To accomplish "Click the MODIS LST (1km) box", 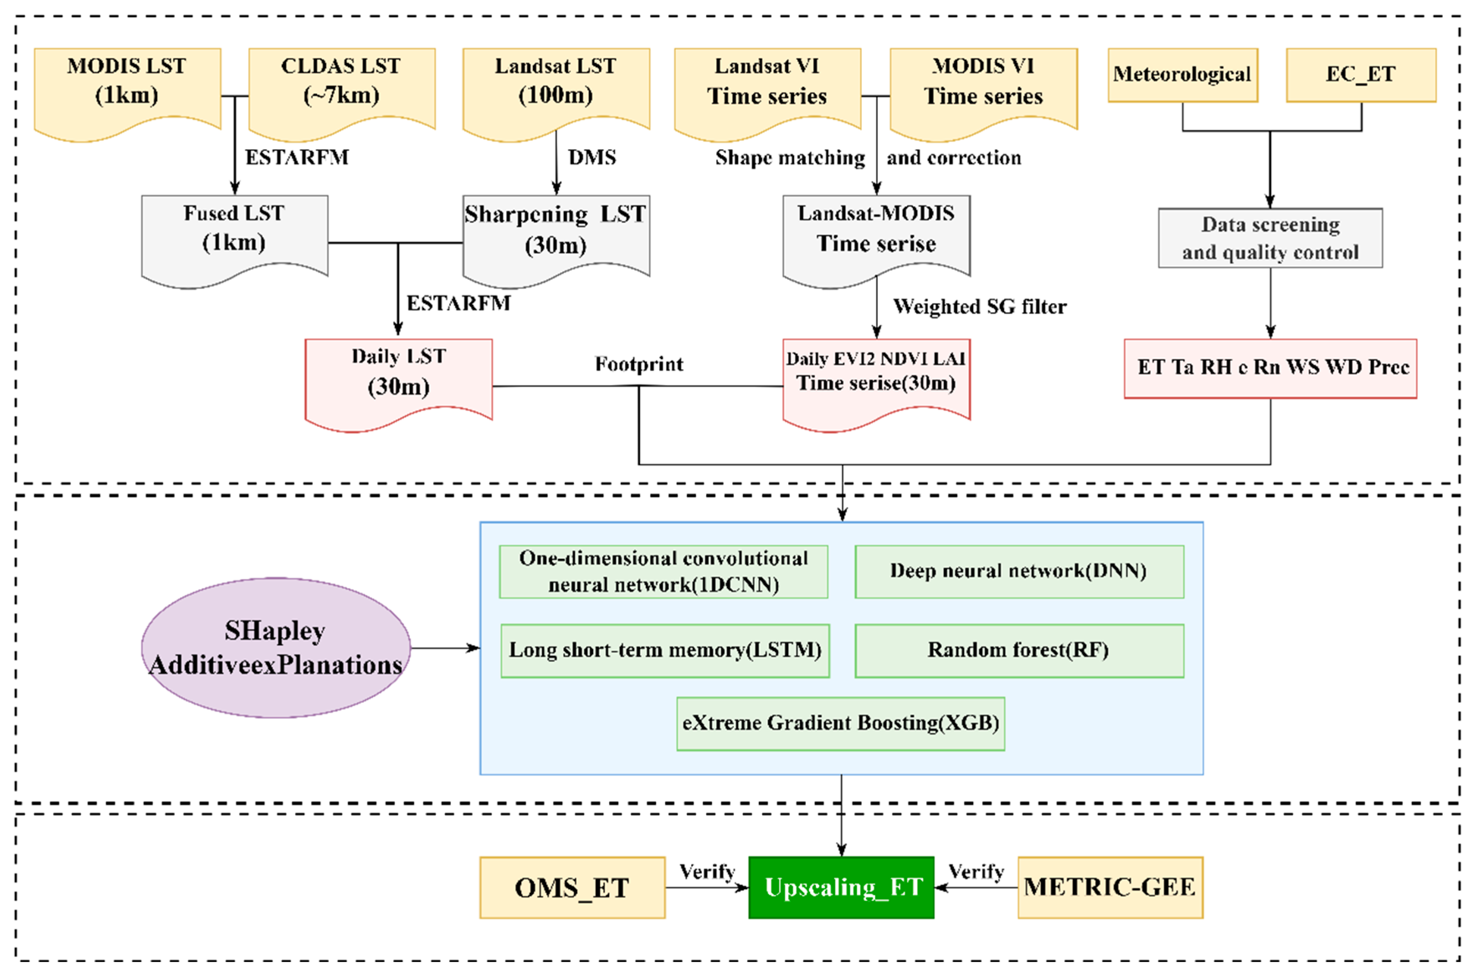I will [127, 84].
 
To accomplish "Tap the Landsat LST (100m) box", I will [556, 84].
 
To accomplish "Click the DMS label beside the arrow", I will [592, 157].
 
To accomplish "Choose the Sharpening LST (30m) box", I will [556, 231].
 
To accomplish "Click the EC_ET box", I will [1360, 75].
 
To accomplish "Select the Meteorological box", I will [1182, 75].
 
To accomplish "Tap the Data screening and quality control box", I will [1270, 238].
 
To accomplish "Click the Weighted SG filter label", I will [979, 306].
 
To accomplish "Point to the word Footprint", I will [638, 364].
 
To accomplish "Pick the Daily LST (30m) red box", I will [399, 375].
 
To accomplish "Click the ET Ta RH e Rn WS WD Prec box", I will [1270, 368].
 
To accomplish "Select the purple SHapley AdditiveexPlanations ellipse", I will [276, 648].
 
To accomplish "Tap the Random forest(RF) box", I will [1019, 650].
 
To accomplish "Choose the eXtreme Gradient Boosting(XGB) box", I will [840, 724].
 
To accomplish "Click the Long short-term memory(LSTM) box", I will [665, 650].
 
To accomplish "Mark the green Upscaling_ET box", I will [841, 887].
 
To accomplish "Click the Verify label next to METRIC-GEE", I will [976, 872].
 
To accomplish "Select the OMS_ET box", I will [571, 887].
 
